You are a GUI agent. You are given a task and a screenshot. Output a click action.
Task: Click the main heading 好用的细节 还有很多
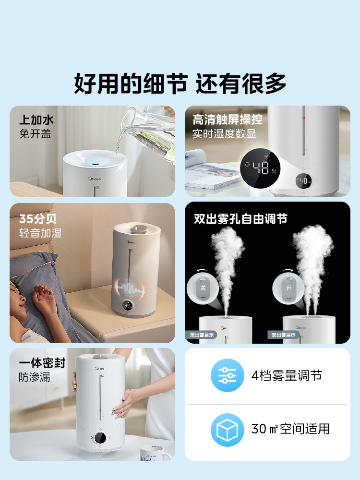click(180, 84)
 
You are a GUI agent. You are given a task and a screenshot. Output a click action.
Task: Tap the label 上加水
click(36, 120)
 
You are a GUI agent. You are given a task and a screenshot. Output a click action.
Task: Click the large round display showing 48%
click(262, 168)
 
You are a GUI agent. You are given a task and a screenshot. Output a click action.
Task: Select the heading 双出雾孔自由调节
click(240, 219)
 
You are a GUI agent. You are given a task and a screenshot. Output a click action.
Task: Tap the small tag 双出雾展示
click(283, 335)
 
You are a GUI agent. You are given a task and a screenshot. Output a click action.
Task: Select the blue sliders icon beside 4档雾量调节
click(228, 375)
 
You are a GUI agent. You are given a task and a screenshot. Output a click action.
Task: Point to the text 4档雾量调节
click(287, 375)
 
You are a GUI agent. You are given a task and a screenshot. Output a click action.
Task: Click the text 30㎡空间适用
click(290, 429)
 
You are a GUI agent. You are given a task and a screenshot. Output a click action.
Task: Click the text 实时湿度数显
click(224, 134)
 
